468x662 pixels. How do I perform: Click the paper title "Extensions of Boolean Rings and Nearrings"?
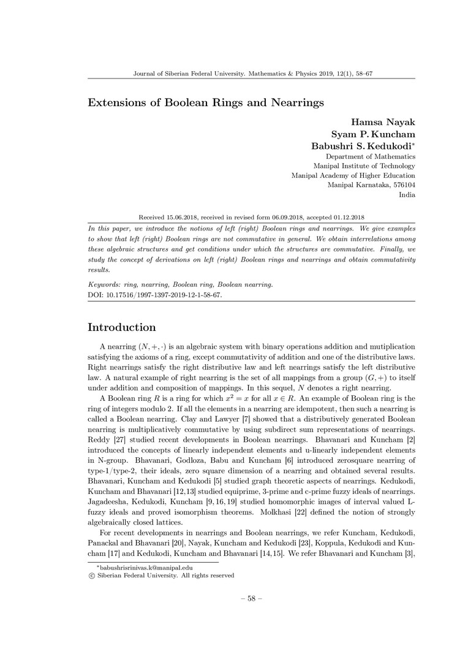point(206,102)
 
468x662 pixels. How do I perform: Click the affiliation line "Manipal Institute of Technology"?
point(364,166)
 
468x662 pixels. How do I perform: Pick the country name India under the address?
point(407,195)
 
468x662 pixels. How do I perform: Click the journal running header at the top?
point(253,74)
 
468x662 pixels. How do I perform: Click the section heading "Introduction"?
point(122,327)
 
